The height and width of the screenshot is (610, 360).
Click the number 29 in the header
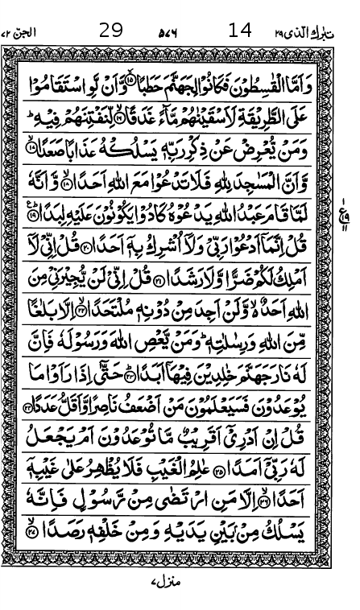[x=111, y=31]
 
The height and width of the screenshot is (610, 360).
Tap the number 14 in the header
[x=240, y=31]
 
